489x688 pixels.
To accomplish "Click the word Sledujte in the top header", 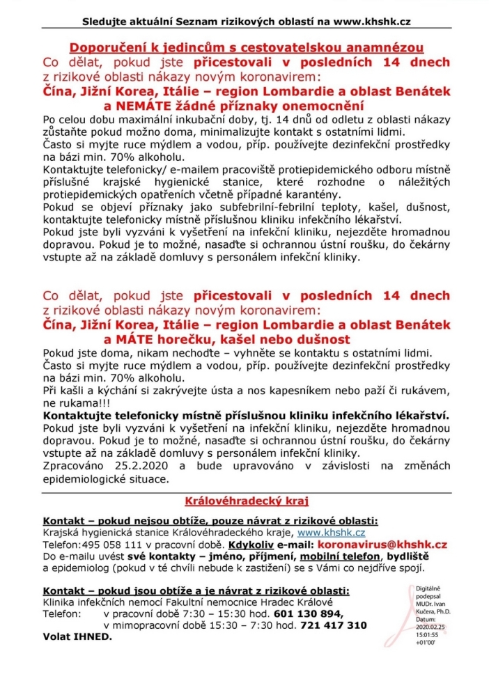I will [99, 21].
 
